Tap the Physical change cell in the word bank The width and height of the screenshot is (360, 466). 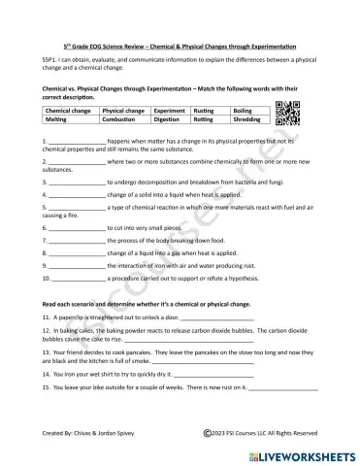pyautogui.click(x=125, y=112)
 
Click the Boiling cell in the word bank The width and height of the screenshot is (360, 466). pyautogui.click(x=247, y=112)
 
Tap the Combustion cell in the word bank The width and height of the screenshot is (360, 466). pyautogui.click(x=125, y=121)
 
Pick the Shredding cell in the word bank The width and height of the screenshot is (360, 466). pyautogui.click(x=247, y=121)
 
